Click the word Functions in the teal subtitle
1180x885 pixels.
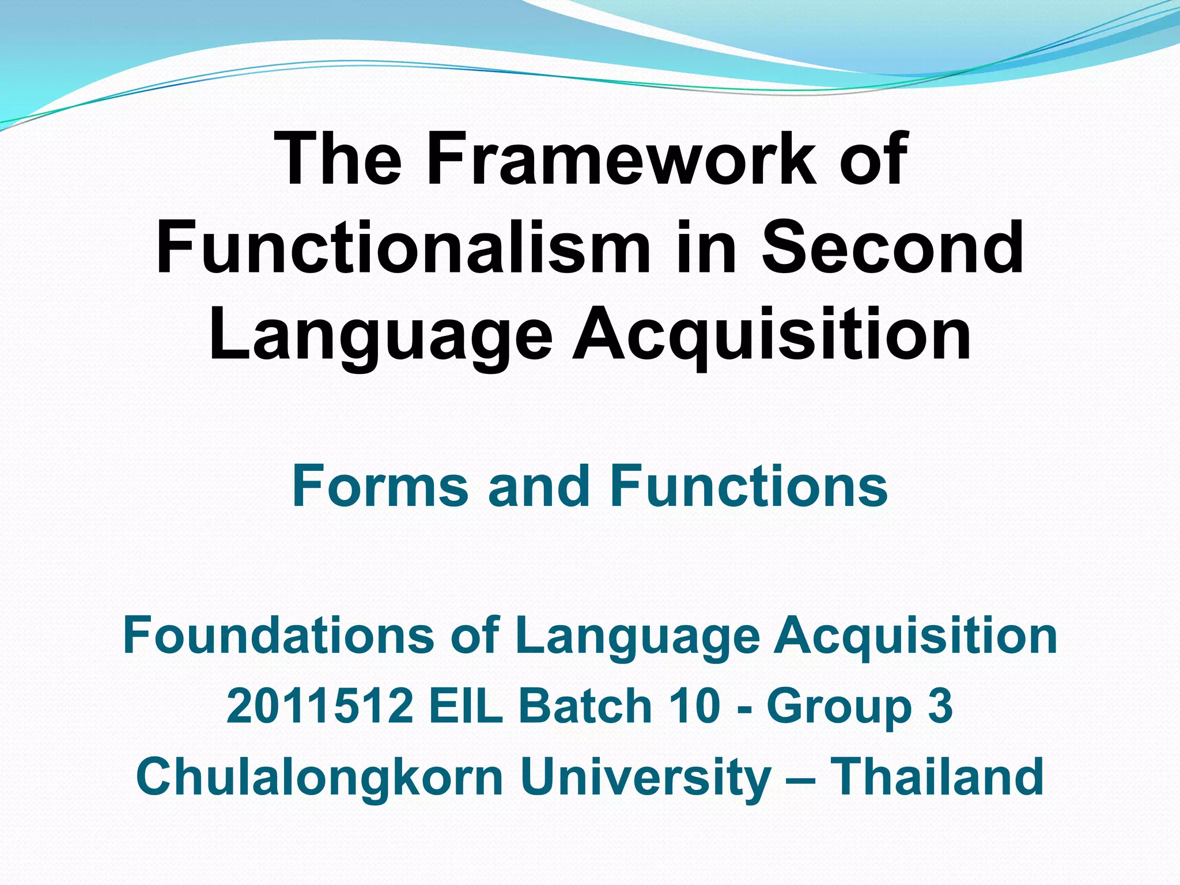pyautogui.click(x=749, y=487)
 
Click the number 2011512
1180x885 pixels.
pyautogui.click(x=320, y=706)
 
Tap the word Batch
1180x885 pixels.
pyautogui.click(x=584, y=706)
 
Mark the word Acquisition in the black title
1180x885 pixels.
pyautogui.click(x=772, y=337)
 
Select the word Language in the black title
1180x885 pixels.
pyautogui.click(x=380, y=337)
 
